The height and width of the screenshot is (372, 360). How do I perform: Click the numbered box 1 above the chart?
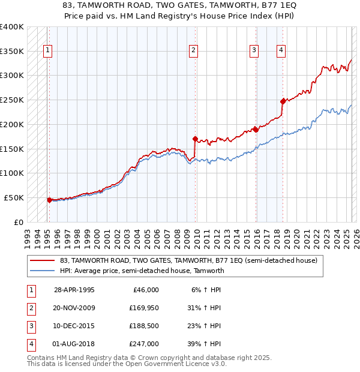47,50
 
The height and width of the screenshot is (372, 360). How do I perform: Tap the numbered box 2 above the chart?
193,50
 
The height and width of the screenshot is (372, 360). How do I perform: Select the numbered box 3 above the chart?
254,50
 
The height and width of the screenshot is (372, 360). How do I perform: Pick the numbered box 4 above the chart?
281,50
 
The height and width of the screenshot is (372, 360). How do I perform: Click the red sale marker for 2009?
195,139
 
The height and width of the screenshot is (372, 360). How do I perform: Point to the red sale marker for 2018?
283,101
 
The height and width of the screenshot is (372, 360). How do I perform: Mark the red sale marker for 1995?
49,200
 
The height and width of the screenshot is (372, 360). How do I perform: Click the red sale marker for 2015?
256,129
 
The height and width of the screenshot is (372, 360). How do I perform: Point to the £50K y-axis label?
14,197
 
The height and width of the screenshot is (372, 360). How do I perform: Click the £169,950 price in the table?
144,308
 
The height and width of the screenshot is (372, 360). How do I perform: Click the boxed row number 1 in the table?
31,290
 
